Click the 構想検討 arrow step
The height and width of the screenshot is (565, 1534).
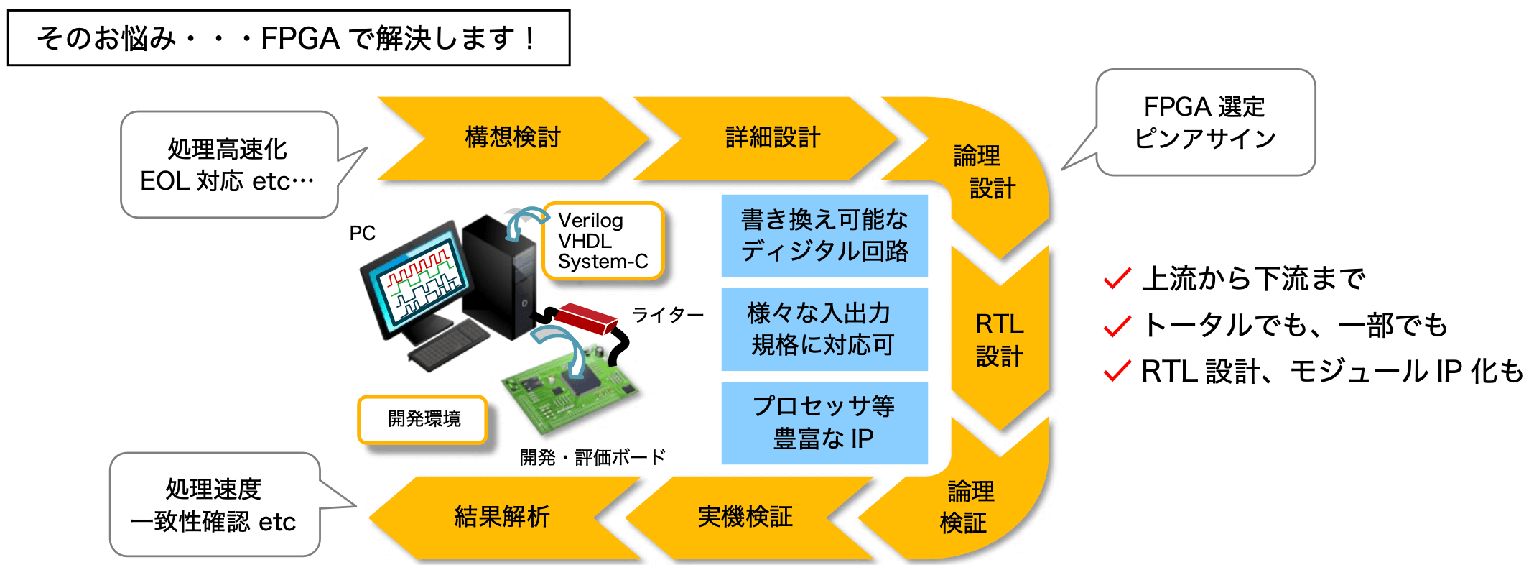coord(513,137)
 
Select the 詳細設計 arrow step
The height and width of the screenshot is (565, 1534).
coord(772,137)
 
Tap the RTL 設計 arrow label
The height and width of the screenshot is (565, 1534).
coord(1000,340)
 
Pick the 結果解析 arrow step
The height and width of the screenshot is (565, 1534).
coord(503,517)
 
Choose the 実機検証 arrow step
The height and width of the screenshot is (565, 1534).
coord(745,517)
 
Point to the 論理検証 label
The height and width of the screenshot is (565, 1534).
coord(967,507)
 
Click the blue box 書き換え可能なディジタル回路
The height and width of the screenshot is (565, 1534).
coord(824,236)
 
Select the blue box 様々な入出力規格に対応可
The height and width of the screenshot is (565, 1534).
coord(824,329)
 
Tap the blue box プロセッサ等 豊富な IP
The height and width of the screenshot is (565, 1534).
coord(824,423)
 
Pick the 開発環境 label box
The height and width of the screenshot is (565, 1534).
coord(423,419)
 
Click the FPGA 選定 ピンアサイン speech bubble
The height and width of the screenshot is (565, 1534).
coord(1205,122)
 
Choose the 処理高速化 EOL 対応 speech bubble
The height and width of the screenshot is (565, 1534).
coord(229,165)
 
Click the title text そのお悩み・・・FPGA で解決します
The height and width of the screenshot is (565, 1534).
coord(287,38)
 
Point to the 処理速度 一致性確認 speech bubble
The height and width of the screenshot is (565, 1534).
coord(215,505)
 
